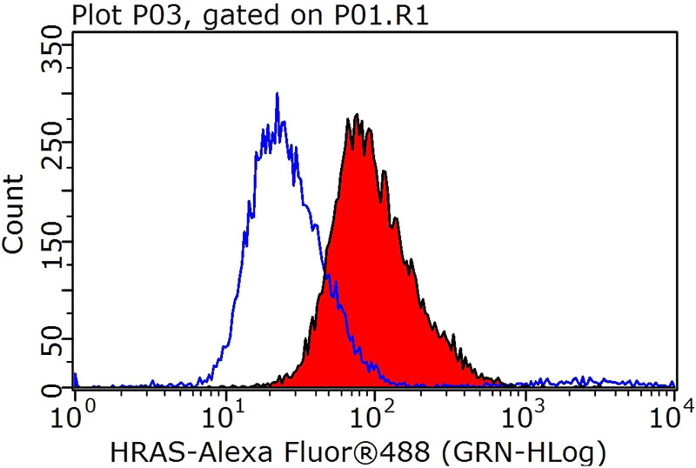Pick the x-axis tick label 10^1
224,410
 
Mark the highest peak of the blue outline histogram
277,93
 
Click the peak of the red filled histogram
357,115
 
